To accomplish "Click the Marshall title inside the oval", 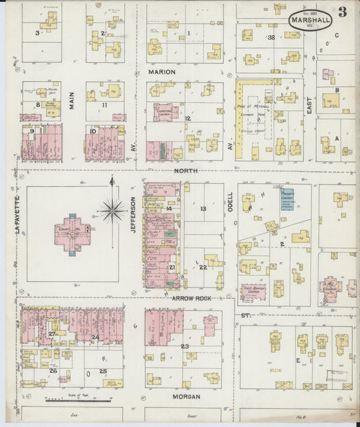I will tap(311, 20).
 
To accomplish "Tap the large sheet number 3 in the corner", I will tap(343, 11).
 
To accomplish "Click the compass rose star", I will tap(113, 210).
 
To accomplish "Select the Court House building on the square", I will tap(73, 234).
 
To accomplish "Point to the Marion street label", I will tap(162, 72).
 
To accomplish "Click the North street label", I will tap(186, 171).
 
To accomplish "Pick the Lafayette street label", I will tap(18, 216).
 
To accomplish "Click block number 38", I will tap(272, 38).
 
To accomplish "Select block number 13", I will tap(203, 209).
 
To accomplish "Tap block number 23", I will tap(184, 346).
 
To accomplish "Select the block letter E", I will tap(299, 361).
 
